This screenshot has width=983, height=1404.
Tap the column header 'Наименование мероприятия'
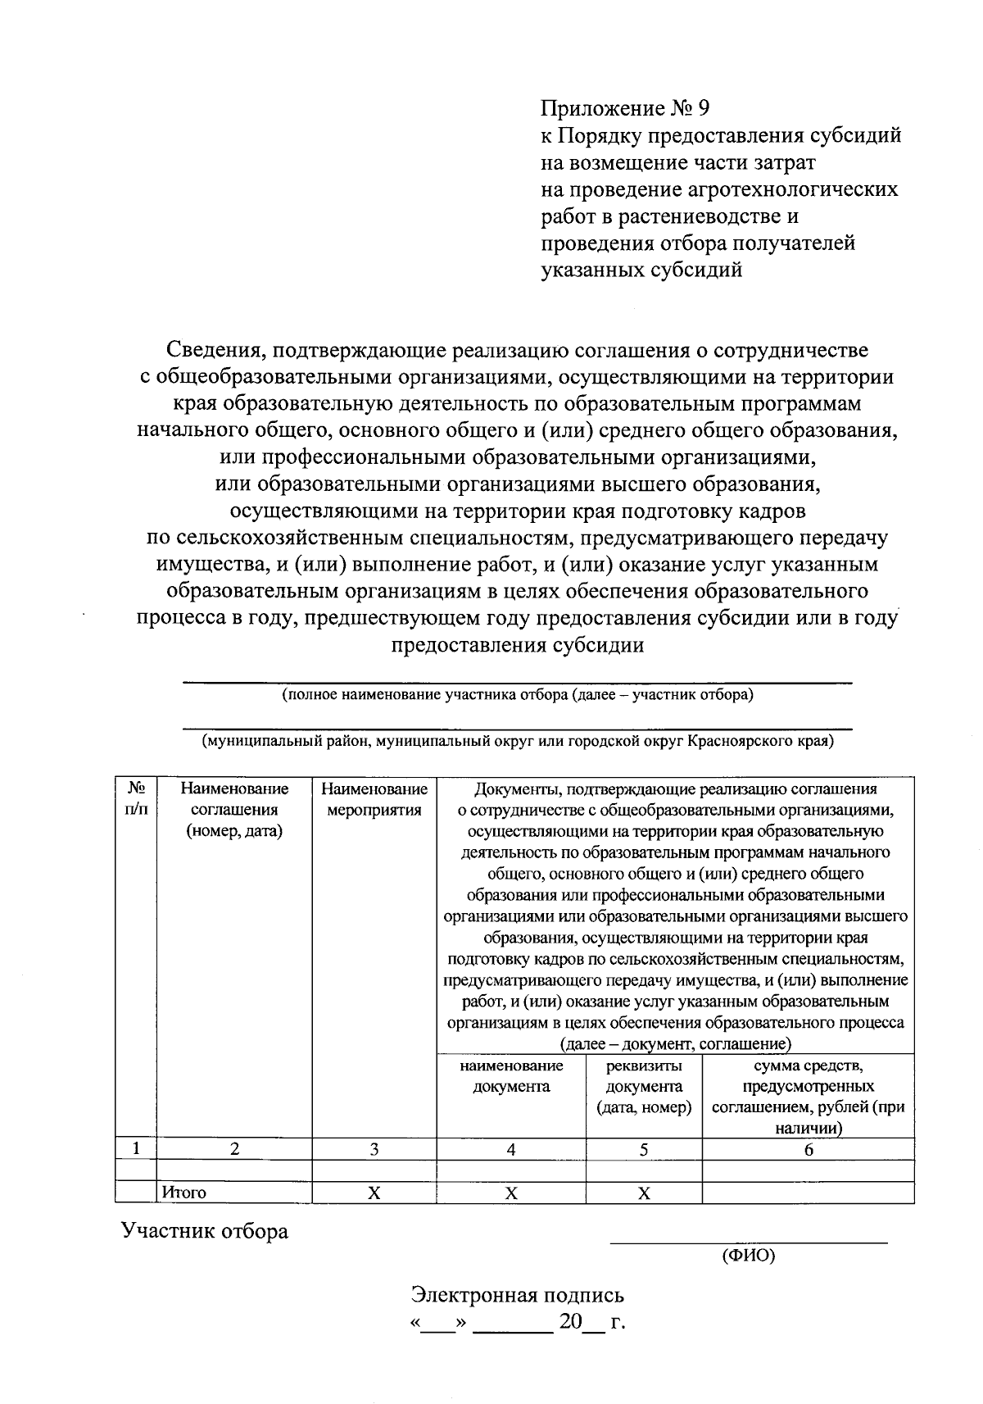(x=374, y=799)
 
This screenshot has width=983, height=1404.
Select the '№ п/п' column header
(x=136, y=799)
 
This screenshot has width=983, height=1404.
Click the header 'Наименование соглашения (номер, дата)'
(x=234, y=810)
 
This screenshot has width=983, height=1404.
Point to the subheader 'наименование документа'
(x=511, y=1076)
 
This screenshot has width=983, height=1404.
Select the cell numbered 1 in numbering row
(x=136, y=1149)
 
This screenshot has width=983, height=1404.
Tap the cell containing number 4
(x=511, y=1149)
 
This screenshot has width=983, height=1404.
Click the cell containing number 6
(x=808, y=1149)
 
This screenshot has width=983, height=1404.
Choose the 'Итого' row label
(x=184, y=1193)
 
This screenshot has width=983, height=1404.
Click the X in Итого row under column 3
(x=374, y=1193)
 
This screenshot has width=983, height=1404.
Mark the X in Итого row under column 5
(x=644, y=1193)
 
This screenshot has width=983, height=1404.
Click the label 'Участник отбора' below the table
(x=205, y=1231)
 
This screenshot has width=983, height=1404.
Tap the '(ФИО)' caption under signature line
(x=748, y=1256)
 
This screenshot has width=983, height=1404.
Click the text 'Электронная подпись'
(x=517, y=1295)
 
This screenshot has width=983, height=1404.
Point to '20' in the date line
(x=570, y=1322)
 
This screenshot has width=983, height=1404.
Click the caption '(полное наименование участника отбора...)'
(x=517, y=695)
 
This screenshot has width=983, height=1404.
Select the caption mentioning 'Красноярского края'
(x=517, y=741)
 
